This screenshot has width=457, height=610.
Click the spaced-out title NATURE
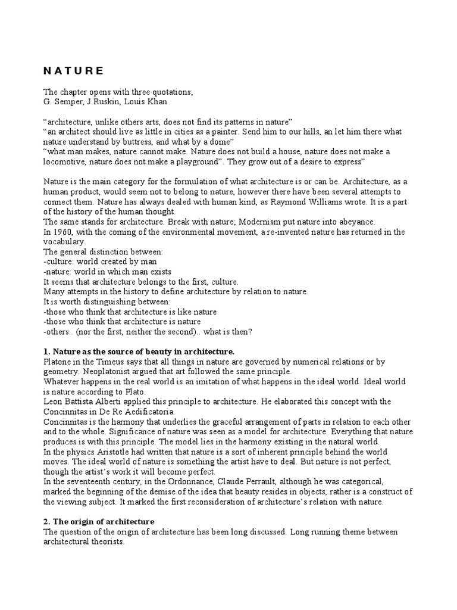point(73,71)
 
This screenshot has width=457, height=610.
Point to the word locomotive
point(64,161)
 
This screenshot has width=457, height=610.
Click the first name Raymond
point(272,201)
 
